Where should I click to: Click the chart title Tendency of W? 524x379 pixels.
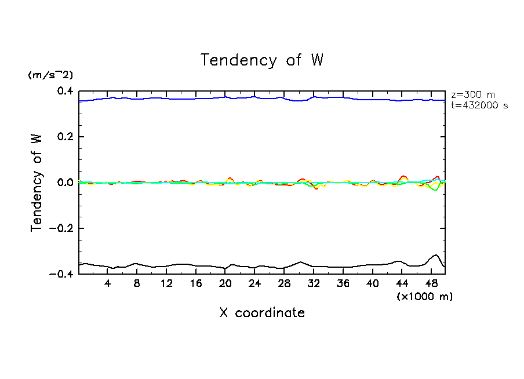point(261,60)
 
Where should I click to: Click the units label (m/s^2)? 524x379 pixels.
point(50,75)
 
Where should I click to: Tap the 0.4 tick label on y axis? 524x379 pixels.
point(64,92)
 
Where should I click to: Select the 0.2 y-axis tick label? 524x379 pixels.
point(64,137)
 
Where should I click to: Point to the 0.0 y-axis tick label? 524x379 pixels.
point(64,183)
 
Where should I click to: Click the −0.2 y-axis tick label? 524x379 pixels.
point(61,228)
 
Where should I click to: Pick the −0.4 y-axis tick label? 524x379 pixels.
point(61,274)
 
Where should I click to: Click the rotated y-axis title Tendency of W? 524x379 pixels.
point(37,183)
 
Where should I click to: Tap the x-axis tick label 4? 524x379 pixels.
point(108,284)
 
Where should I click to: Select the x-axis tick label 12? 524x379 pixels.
point(166,284)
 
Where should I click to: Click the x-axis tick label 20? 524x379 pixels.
point(225,284)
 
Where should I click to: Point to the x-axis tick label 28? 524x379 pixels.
point(284,284)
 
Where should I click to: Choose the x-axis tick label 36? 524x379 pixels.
point(343,284)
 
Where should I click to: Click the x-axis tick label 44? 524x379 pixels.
point(401,284)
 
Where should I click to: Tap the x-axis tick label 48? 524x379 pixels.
point(431,284)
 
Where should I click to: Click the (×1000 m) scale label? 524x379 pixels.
point(425,296)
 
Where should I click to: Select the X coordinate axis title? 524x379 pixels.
point(261,313)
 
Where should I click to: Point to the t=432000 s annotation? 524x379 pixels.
point(479,105)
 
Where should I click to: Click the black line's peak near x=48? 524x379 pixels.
point(435,255)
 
